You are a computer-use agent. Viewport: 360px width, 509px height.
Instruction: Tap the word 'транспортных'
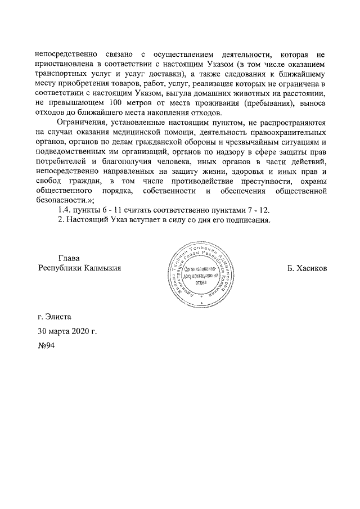pos(62,73)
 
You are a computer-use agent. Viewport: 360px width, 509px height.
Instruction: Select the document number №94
pos(45,345)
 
